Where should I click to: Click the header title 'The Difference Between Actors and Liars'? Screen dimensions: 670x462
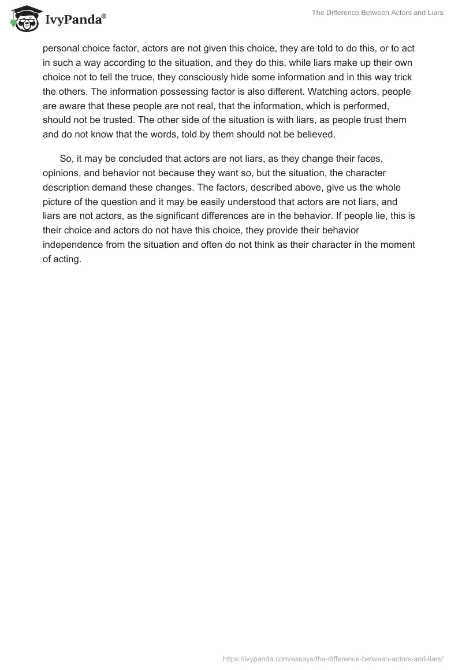(377, 13)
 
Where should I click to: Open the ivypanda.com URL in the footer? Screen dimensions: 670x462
(333, 658)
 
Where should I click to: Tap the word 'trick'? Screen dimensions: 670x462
(400, 77)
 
